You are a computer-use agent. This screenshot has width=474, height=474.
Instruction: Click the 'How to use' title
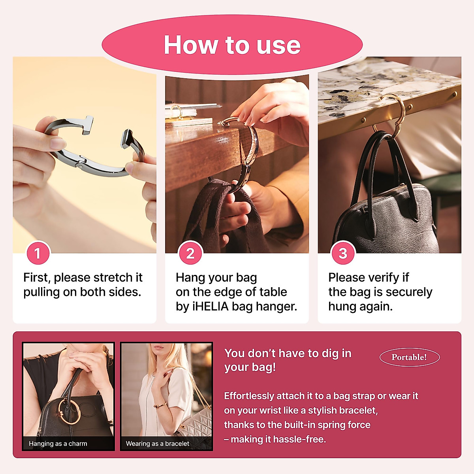[x=232, y=45]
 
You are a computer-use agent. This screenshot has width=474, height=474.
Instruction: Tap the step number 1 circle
[x=38, y=253]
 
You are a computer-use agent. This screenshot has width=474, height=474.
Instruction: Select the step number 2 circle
[x=190, y=253]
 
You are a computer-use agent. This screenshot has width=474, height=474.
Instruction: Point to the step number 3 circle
[x=343, y=253]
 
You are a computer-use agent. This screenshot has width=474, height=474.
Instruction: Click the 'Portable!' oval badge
[x=409, y=357]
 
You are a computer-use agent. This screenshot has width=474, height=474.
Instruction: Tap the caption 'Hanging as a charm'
[x=58, y=444]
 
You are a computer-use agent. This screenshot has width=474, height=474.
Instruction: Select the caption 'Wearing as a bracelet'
[x=157, y=444]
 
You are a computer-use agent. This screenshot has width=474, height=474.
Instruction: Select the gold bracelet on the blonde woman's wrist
[x=160, y=405]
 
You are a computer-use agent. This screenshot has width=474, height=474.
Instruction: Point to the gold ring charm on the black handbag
[x=70, y=411]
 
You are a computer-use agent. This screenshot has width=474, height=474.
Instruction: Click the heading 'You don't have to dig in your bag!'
[x=288, y=360]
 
